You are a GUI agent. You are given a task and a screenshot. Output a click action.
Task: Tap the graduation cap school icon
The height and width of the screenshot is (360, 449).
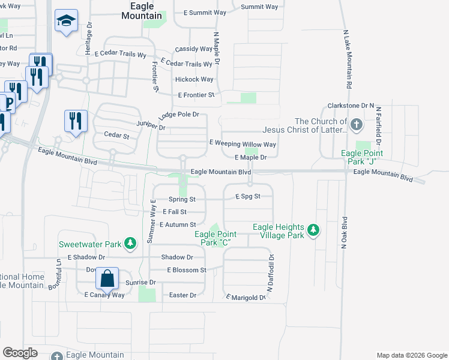64,22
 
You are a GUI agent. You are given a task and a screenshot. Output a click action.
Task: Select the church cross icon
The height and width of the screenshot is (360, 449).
356,125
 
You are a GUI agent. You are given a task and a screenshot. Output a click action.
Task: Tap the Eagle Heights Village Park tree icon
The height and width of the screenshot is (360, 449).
313,230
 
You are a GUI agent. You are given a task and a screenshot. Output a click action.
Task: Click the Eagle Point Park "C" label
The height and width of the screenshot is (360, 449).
213,238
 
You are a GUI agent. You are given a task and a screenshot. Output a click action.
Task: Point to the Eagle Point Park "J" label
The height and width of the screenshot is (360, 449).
362,157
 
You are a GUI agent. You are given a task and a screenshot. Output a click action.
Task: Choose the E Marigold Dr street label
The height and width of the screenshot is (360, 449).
246,297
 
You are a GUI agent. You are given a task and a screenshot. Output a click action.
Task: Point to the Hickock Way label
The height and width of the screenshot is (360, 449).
194,79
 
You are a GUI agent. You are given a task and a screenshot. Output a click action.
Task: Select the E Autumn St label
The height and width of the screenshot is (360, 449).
178,224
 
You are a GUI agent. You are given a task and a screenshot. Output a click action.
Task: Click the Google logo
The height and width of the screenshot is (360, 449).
21,353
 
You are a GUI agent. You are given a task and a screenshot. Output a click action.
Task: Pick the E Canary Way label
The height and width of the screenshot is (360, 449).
104,295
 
